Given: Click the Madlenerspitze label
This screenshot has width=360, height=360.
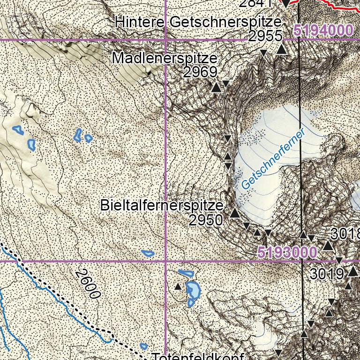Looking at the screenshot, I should [x=165, y=59].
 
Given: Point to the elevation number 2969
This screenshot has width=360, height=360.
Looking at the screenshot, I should [x=200, y=73].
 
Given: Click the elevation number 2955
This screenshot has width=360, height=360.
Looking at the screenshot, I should [x=265, y=37].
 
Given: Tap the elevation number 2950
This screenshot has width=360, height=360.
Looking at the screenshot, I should [x=206, y=220].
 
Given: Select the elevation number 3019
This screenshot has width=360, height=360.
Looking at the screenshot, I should [x=327, y=274].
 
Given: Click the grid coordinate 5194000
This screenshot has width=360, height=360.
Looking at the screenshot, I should [x=323, y=31].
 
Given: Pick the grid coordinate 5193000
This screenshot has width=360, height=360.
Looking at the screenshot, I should [x=287, y=252].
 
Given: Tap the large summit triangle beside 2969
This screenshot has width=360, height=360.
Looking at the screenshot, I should [x=216, y=87].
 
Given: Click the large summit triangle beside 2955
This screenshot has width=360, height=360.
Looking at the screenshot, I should [x=281, y=49].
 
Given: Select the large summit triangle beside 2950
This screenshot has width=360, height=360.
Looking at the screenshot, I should [x=235, y=214].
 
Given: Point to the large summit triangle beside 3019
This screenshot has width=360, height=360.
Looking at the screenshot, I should [x=353, y=271].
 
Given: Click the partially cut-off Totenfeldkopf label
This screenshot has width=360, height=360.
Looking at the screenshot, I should [x=197, y=356].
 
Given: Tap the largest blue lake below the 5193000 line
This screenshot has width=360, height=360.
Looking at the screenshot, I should [x=192, y=291].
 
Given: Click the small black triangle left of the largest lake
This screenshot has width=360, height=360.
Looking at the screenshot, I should [x=178, y=286].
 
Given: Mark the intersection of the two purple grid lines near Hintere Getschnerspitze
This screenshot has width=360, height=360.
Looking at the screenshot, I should [x=165, y=40].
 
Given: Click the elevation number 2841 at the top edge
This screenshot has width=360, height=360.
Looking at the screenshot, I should [x=256, y=3].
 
